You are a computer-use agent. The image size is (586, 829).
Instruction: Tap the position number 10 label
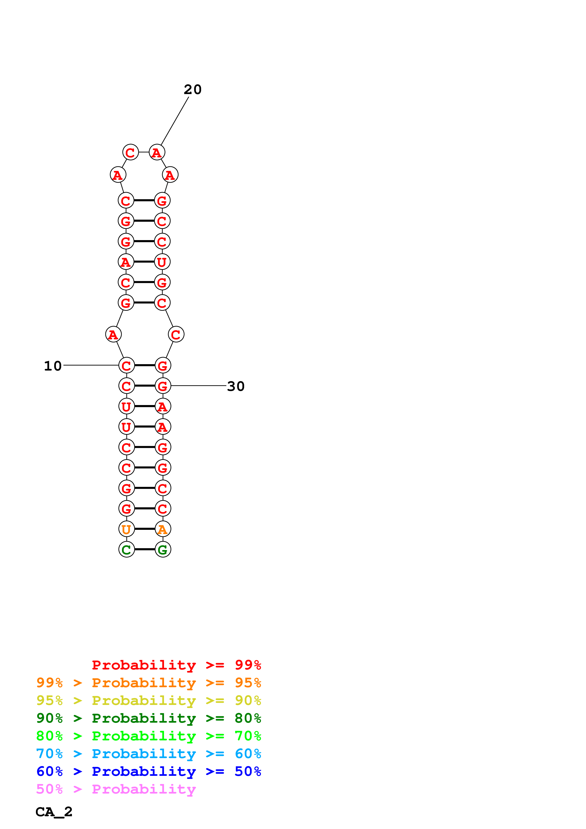click(x=53, y=366)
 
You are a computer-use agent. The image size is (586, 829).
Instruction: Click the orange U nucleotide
click(x=126, y=529)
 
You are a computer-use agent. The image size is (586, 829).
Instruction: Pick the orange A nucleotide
click(x=163, y=529)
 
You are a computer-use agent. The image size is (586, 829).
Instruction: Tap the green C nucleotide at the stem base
click(x=126, y=549)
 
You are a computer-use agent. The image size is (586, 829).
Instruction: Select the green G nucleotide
click(x=163, y=549)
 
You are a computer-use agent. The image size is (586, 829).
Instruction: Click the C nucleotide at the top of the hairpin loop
click(x=130, y=152)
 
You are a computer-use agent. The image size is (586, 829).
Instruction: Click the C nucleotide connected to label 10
click(x=126, y=365)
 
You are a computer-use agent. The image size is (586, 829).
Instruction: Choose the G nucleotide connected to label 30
click(x=163, y=386)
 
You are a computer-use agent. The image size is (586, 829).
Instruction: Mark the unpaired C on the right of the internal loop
click(x=176, y=334)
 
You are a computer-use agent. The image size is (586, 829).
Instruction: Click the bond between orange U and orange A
click(x=144, y=529)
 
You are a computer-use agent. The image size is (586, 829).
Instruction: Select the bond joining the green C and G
click(x=144, y=549)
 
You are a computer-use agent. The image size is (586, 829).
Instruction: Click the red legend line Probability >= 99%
click(x=176, y=665)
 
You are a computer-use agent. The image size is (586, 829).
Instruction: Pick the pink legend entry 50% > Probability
click(x=116, y=789)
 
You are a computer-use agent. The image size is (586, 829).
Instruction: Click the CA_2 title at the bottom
click(x=54, y=812)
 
